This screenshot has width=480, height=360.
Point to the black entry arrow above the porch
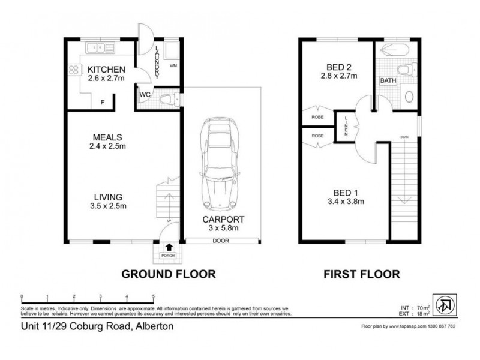(168, 246)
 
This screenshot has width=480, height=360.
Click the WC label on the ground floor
(145, 95)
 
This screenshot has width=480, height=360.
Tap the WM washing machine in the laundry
(173, 65)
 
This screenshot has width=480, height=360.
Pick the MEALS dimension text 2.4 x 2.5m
(109, 146)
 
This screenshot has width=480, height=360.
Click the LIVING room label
(108, 197)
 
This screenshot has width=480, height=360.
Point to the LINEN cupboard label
(347, 127)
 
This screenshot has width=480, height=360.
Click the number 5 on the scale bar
(153, 296)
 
